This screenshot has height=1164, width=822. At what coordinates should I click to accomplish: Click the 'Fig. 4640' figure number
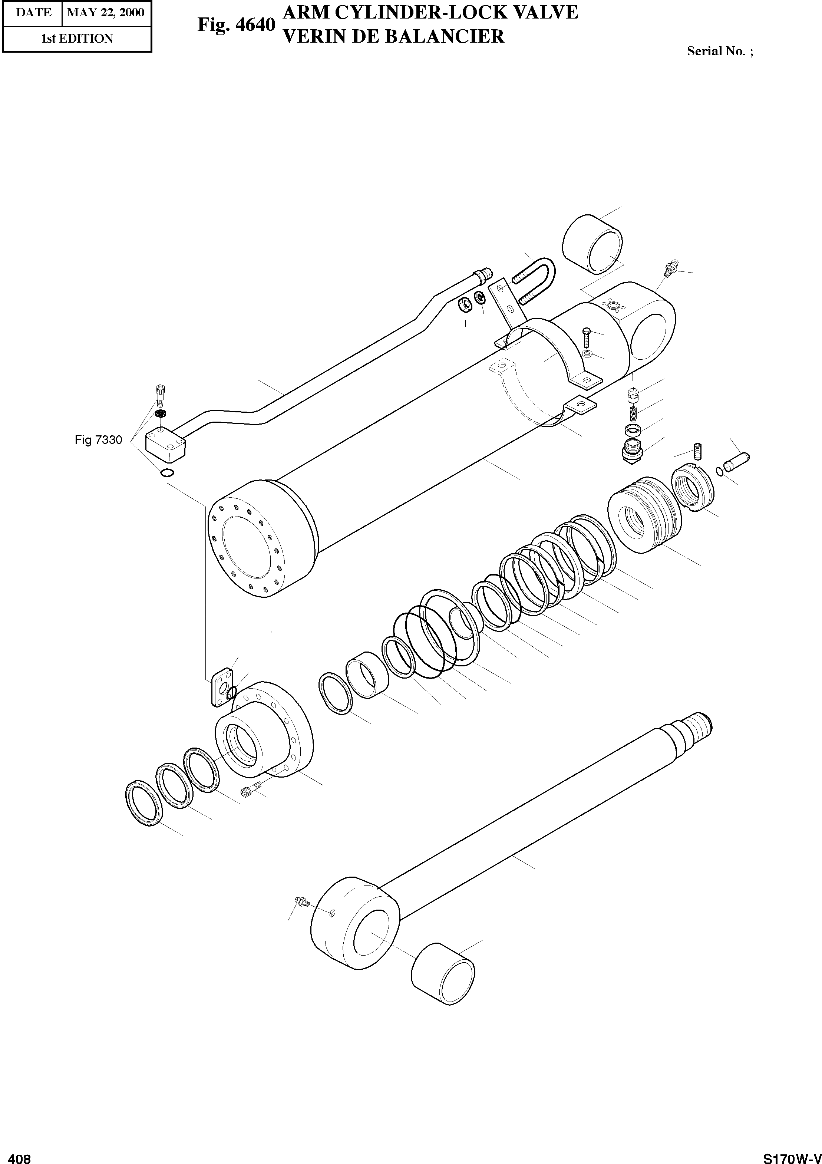point(236,25)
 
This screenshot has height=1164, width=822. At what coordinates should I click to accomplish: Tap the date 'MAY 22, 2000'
point(105,13)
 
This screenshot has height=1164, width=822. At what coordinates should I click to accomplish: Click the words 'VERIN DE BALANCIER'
point(393,36)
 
